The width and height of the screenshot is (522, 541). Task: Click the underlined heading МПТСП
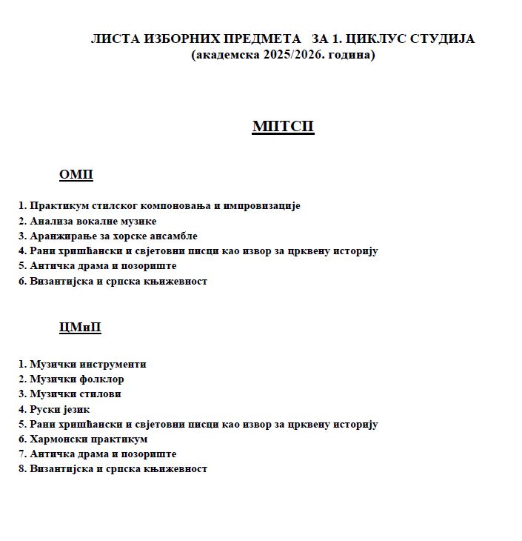tap(283, 127)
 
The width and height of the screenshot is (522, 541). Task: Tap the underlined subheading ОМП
tap(76, 175)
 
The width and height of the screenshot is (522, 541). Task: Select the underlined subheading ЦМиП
tap(80, 328)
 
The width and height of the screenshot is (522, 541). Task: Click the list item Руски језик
tap(59, 409)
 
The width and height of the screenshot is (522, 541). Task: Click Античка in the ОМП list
tap(50, 265)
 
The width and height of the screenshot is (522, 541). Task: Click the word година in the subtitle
tap(349, 55)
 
